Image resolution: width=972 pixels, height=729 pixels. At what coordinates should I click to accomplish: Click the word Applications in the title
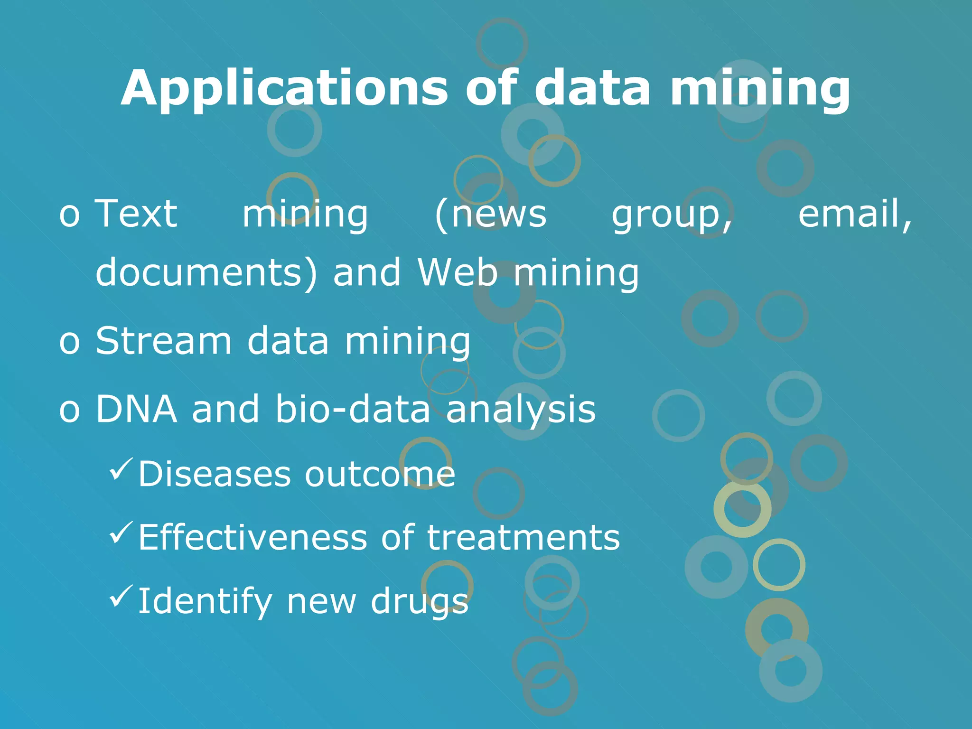[284, 89]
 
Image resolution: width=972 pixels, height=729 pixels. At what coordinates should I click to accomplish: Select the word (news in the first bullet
[491, 215]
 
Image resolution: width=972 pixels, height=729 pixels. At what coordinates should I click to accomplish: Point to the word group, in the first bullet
[672, 216]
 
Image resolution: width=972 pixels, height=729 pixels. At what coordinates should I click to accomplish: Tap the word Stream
[164, 340]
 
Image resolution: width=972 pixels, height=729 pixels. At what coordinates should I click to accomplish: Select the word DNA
[137, 409]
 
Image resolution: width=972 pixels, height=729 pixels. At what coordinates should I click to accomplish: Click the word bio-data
[353, 409]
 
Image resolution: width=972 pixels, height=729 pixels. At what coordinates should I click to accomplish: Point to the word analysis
[521, 410]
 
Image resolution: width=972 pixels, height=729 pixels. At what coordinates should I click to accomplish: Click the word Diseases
[215, 474]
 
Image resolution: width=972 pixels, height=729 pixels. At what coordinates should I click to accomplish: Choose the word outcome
[380, 474]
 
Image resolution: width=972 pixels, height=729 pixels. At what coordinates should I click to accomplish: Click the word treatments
[523, 537]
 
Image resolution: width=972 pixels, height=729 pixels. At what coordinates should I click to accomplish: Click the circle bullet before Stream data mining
[69, 342]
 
